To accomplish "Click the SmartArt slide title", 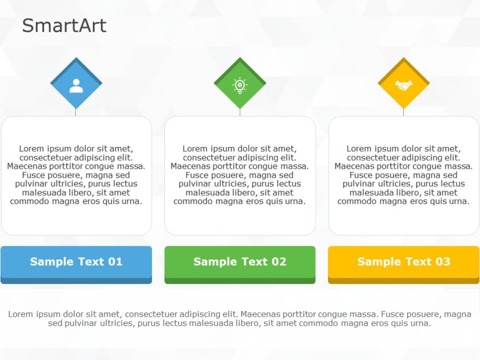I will [x=64, y=25].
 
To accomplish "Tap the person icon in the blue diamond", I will [x=76, y=85].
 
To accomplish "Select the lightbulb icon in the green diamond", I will [x=240, y=85].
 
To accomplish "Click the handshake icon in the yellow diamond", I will [x=403, y=85].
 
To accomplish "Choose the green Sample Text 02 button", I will [x=240, y=262].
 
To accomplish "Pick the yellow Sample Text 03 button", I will [x=403, y=262].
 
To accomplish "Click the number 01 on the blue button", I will [x=115, y=262].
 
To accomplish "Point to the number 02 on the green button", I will [x=279, y=262].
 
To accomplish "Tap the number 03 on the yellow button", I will [x=443, y=262].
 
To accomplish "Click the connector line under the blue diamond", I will [x=76, y=112].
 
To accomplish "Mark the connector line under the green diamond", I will [x=240, y=112].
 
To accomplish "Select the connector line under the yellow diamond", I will [x=403, y=112].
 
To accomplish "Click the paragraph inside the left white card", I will [x=76, y=175].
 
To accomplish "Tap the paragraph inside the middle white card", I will [x=240, y=175].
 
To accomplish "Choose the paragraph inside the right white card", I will [x=403, y=175].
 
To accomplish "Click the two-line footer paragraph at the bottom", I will [x=240, y=318].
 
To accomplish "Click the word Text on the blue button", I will [x=89, y=262].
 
